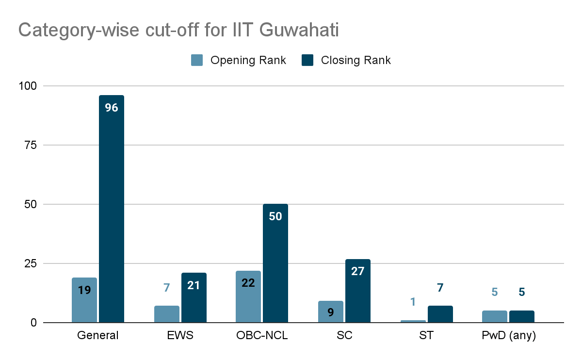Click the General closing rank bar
tap(112, 209)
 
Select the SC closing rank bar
tap(358, 291)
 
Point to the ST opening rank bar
tap(413, 321)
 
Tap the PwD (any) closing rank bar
tap(522, 316)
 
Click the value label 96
tap(112, 108)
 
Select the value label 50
tap(275, 216)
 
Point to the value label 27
tap(358, 271)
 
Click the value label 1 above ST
tap(413, 302)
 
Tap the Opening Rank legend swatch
tap(196, 60)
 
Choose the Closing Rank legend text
tap(356, 60)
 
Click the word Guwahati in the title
tap(299, 30)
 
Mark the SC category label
tap(344, 336)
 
